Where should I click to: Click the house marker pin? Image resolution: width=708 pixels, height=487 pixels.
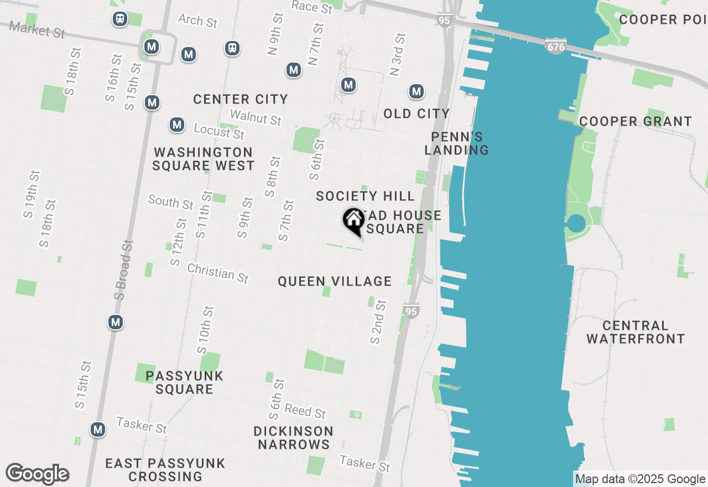coord(353,221)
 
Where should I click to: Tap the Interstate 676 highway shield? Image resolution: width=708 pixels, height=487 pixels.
coord(555,46)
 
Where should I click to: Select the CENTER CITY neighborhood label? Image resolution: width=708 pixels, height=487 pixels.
coord(241,100)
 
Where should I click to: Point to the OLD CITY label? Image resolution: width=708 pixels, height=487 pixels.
coord(417,114)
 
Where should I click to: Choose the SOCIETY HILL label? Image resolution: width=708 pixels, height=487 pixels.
coord(365,196)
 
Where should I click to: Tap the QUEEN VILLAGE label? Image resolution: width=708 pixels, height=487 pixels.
coord(335,282)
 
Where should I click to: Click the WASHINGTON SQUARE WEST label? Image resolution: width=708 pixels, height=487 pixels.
coord(203,159)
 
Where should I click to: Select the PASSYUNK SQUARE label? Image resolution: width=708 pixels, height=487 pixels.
coord(184,382)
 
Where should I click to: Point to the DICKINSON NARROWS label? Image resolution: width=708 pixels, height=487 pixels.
coord(294,438)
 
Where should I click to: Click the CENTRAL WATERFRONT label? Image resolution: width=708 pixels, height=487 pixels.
coord(636,332)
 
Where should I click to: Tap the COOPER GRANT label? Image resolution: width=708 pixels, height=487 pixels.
coord(635,121)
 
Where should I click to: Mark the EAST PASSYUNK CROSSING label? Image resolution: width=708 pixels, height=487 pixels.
coord(165,470)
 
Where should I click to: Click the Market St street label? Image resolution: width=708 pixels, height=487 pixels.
coord(37,30)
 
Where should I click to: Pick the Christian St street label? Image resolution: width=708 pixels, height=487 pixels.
coord(218,273)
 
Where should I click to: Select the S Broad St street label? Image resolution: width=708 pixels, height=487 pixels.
coord(124,270)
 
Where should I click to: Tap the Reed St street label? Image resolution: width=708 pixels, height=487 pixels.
coord(305,412)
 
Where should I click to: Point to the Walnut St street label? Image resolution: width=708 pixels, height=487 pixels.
coord(256,117)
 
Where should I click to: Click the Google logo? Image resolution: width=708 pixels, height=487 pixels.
coord(37,474)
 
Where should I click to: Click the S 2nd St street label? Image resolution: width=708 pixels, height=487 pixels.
coord(378,322)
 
